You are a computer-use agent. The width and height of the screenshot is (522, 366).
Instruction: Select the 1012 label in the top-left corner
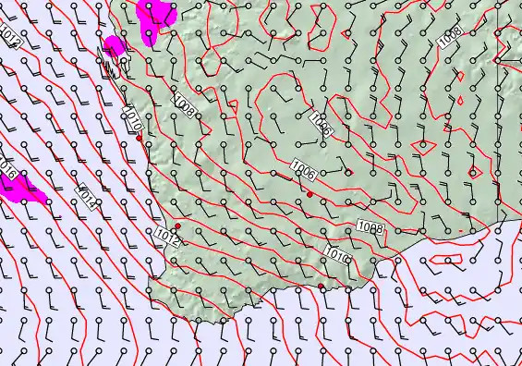tap(10, 38)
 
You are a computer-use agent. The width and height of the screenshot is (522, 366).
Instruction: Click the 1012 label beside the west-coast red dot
tap(167, 238)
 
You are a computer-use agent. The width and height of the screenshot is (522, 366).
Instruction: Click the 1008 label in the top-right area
tap(451, 36)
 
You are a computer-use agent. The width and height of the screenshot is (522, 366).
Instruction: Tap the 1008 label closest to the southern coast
tap(370, 226)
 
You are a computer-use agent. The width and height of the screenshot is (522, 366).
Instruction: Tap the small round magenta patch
tap(115, 45)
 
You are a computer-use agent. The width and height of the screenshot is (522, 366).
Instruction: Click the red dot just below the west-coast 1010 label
tap(140, 139)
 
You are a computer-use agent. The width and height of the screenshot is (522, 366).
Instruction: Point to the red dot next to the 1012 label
tap(177, 226)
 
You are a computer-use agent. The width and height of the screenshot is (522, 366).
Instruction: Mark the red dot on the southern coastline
tap(321, 287)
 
